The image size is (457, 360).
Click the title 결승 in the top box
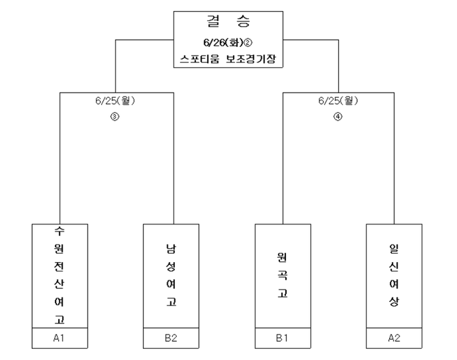(x=228, y=22)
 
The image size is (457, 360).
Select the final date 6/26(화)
(x=223, y=42)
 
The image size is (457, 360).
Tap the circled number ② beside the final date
(x=247, y=43)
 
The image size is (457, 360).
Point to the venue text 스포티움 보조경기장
(x=228, y=59)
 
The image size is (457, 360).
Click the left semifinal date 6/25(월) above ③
(x=115, y=101)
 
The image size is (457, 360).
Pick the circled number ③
(x=115, y=117)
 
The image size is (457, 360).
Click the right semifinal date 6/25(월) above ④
(x=338, y=101)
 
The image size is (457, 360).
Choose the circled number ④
(x=338, y=117)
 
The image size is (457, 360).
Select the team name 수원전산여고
(x=59, y=275)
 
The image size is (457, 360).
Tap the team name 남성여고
(x=171, y=275)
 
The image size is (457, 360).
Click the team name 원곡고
(x=283, y=275)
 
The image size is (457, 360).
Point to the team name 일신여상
(x=394, y=275)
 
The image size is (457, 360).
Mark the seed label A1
(x=59, y=338)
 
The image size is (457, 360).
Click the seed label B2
(x=171, y=338)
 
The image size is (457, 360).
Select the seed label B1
(x=282, y=338)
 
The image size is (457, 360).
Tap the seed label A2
(x=394, y=338)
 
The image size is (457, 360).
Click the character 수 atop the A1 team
(x=59, y=231)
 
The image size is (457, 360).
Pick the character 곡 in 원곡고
(x=283, y=275)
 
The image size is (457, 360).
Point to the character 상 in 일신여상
(x=394, y=301)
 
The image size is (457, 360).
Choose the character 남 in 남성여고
(x=171, y=248)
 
